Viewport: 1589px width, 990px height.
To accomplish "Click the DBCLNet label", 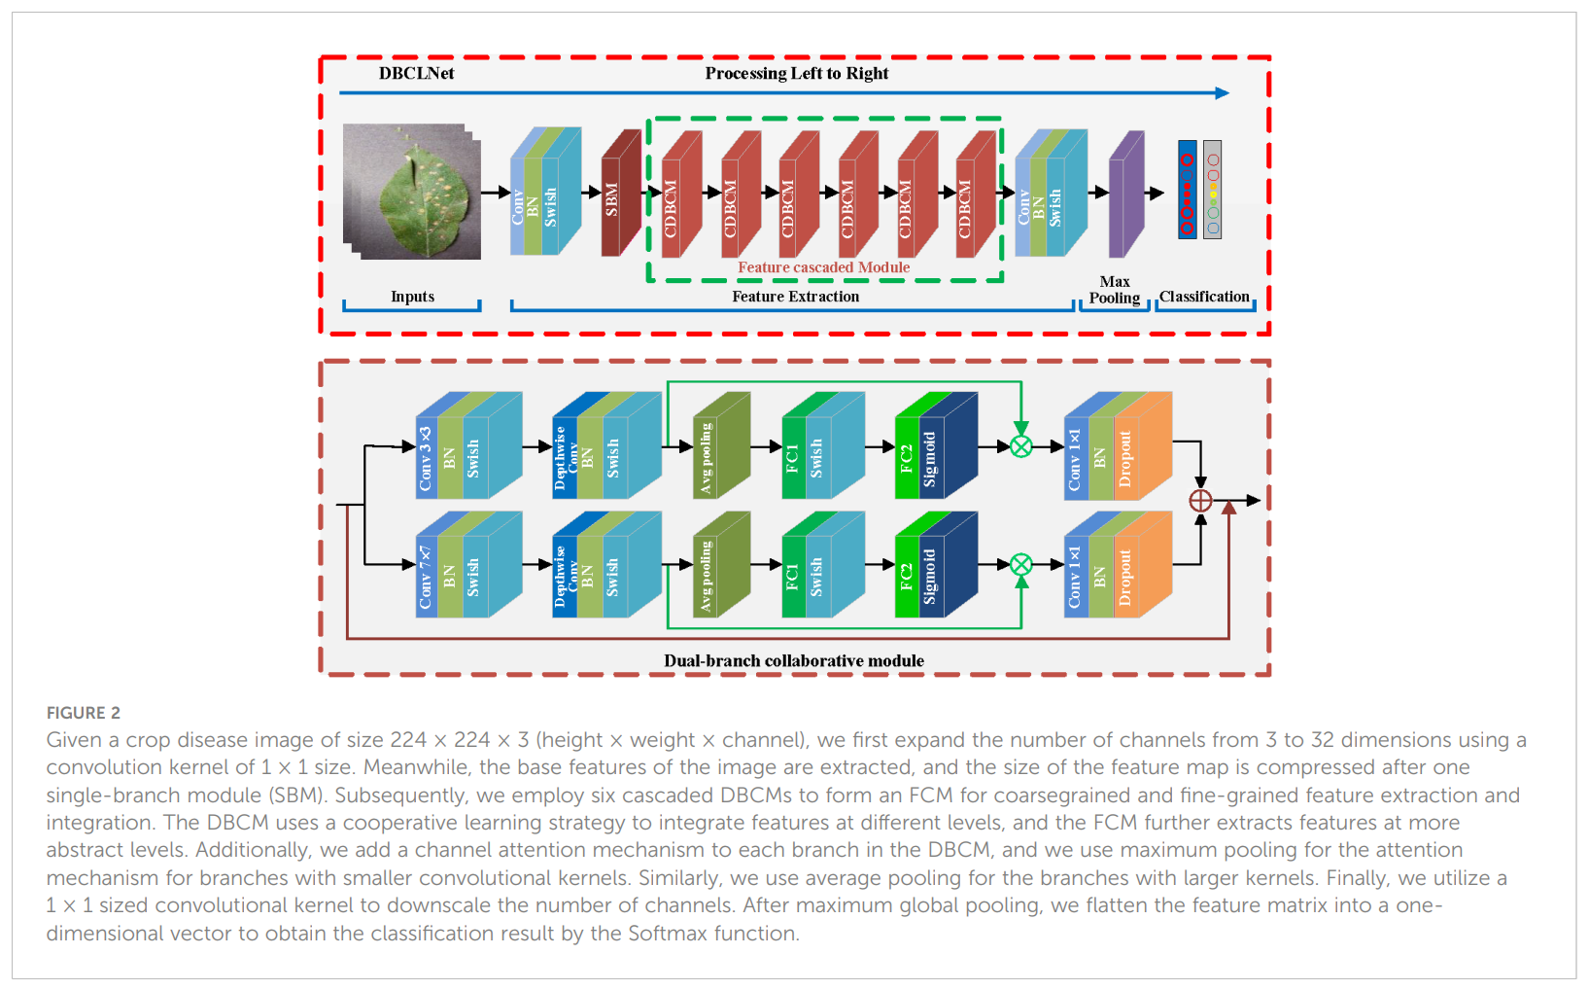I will coord(416,74).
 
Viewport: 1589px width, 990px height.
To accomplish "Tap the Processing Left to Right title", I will coord(796,74).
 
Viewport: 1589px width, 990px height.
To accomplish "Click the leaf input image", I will coord(413,192).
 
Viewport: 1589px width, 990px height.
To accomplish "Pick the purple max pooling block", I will coord(1125,196).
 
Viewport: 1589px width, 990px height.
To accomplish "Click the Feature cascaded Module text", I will coord(823,267).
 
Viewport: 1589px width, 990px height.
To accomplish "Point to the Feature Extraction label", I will coord(795,297).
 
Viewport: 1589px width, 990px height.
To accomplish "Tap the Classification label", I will coord(1203,297).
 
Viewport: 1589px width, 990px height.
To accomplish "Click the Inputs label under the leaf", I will coord(412,297).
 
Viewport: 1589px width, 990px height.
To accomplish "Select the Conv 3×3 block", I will coord(427,457).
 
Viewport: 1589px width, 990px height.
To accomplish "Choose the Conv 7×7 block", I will coord(427,576).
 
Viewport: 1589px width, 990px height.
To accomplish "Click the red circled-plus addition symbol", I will coord(1200,500).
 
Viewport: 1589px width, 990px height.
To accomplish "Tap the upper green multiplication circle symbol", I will coord(1020,446).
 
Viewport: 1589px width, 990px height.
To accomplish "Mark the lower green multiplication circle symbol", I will coord(1020,565).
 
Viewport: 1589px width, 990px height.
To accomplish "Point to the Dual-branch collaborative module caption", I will coord(793,661).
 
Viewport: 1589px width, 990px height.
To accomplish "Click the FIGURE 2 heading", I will coord(84,713).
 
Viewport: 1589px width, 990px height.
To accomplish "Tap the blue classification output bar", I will coord(1187,190).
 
